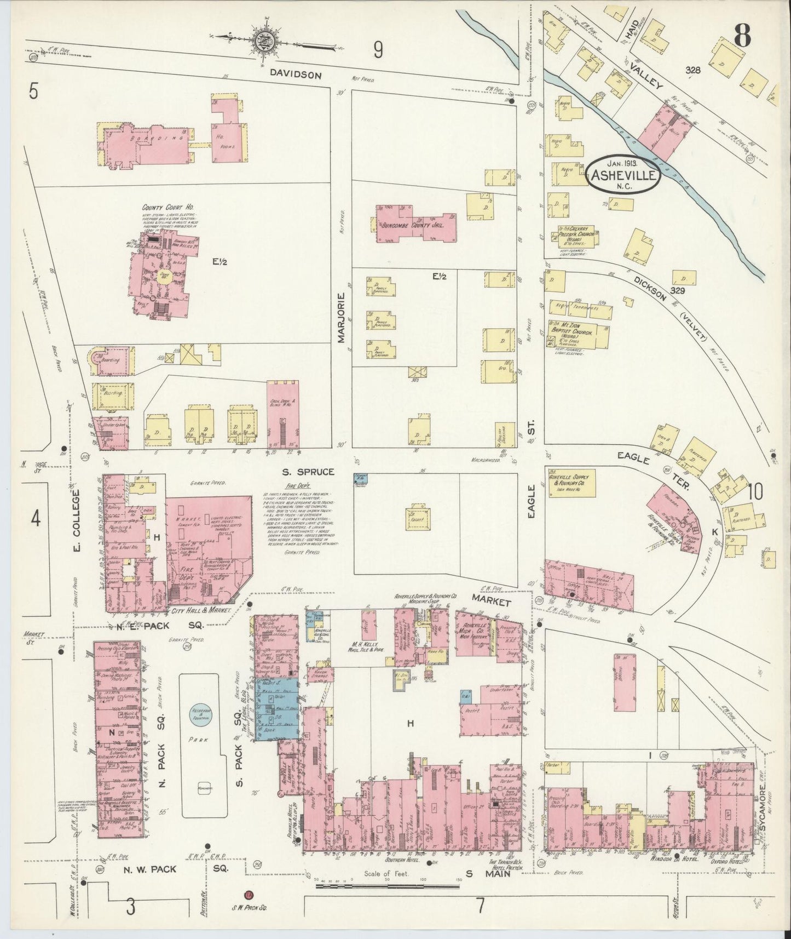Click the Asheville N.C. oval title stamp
[x=623, y=174]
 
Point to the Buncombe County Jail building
[x=415, y=224]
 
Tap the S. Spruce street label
[x=308, y=471]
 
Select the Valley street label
[x=646, y=75]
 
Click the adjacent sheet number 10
[x=755, y=493]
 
